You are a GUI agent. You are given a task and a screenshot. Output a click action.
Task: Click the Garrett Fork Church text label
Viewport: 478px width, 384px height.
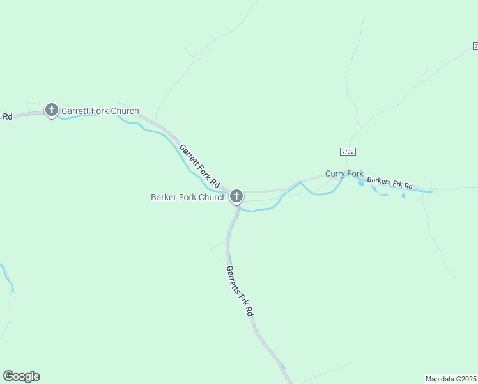point(100,111)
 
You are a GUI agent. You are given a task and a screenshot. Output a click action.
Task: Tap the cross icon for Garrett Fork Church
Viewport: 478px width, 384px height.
point(52,110)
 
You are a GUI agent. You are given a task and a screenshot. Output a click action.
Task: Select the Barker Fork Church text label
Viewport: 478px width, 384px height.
point(189,197)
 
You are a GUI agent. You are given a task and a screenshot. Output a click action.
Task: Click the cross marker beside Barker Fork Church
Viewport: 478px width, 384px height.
point(236,196)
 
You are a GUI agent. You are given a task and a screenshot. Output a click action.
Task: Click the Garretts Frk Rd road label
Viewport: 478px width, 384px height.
point(240,291)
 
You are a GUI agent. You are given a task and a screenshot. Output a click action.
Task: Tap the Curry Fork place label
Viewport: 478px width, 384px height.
point(344,173)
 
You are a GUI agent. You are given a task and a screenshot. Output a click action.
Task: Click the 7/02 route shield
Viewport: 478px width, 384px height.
point(347,150)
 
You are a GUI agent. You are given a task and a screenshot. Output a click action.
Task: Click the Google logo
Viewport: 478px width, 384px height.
point(21,376)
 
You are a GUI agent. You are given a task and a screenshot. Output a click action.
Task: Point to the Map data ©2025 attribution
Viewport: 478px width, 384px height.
point(451,378)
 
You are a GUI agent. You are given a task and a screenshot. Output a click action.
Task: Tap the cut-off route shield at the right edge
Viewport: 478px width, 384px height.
point(475,46)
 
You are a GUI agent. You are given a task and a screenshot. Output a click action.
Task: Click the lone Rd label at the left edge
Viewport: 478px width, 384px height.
point(7,116)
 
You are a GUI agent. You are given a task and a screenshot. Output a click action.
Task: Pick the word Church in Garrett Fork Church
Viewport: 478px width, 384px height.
point(125,111)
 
